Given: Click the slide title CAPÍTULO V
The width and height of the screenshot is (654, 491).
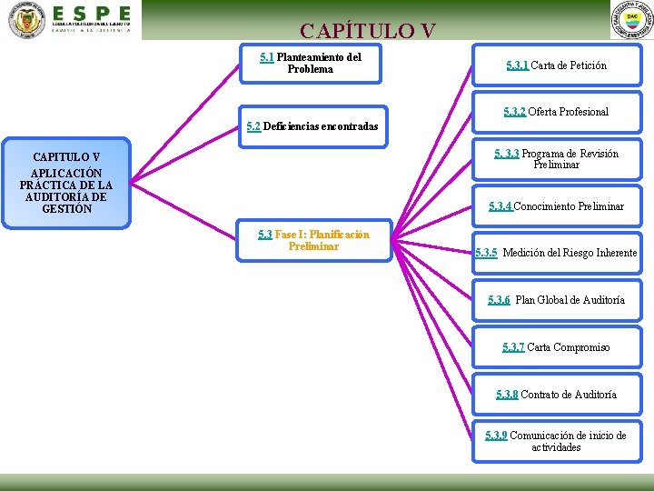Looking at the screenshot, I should click(367, 31).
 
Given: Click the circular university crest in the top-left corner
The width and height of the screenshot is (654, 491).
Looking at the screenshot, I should click(25, 20).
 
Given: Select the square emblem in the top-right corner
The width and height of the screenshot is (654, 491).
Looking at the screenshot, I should click(631, 20).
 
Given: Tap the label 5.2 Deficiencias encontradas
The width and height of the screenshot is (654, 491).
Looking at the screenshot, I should click(312, 126).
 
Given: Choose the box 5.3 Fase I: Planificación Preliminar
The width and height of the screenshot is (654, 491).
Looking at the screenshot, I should click(313, 240).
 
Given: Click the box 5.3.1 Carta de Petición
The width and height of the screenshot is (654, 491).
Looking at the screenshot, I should click(557, 65).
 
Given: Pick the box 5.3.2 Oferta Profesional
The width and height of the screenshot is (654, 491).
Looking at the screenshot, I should click(557, 112).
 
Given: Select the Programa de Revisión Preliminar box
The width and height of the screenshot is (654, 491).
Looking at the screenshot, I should click(557, 159).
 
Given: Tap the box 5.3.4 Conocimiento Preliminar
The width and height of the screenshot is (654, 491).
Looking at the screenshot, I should click(557, 206).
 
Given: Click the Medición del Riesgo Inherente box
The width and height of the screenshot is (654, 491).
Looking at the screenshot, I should click(557, 253).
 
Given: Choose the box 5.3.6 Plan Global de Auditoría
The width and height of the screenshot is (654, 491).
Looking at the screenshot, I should click(557, 300).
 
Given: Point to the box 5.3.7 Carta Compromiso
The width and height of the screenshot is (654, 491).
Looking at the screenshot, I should click(557, 347).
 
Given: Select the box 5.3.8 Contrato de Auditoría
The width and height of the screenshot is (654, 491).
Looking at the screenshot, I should click(557, 395).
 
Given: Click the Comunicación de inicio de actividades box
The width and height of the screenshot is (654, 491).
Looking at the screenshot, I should click(557, 441).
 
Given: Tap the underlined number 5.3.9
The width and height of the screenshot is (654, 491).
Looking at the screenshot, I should click(496, 436).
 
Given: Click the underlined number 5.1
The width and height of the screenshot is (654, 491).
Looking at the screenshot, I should click(267, 57).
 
